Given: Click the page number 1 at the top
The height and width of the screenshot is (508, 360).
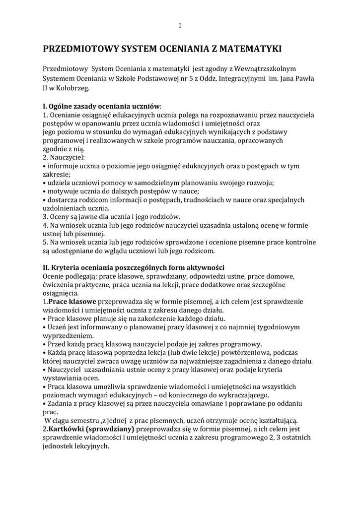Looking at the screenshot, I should [180, 26].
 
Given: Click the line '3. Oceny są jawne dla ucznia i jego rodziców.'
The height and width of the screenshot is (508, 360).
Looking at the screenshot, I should [112, 217].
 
